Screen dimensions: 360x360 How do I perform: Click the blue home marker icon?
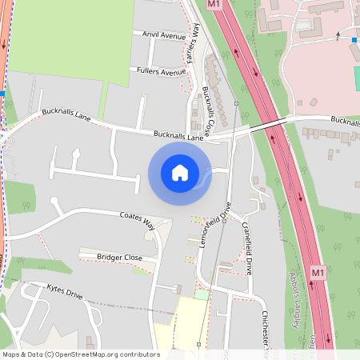180,173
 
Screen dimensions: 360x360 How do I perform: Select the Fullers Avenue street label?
161,72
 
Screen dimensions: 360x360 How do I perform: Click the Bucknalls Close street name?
208,110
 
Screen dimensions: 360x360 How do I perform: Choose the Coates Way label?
137,216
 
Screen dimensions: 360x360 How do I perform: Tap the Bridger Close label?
119,258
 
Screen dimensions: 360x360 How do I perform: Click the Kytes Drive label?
65,291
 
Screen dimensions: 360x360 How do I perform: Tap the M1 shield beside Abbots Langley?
318,273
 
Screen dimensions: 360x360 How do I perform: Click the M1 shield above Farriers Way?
213,4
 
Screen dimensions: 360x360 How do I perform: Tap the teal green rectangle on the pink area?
357,78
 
